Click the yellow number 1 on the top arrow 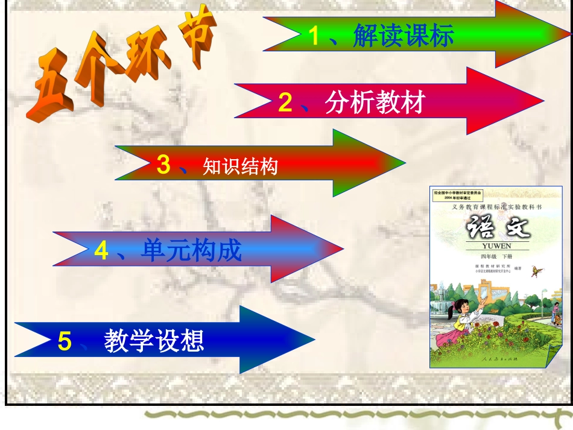[x=314, y=37]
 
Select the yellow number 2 [x=285, y=103]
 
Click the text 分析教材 [x=375, y=103]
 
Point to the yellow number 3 [x=163, y=165]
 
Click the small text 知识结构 [x=240, y=166]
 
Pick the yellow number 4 [x=101, y=251]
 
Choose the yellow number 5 [x=65, y=341]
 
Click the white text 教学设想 [x=154, y=341]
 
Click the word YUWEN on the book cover [x=496, y=246]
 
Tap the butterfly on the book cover [x=536, y=272]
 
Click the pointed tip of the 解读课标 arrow [x=569, y=33]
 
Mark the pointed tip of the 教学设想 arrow [x=314, y=340]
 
